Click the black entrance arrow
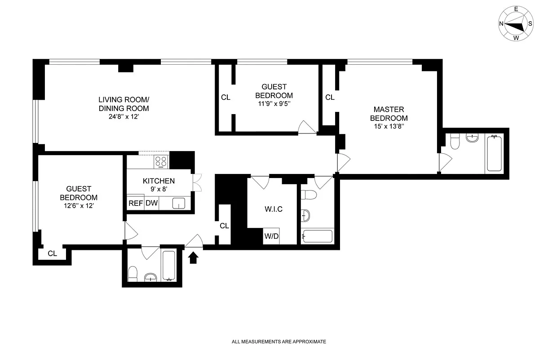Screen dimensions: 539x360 click(x=193, y=258)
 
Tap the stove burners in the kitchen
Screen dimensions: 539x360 click(x=161, y=162)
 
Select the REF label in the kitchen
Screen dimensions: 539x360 click(x=136, y=203)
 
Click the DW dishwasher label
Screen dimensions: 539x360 click(x=152, y=203)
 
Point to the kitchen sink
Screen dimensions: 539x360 click(x=179, y=203)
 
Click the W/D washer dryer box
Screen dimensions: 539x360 click(x=271, y=236)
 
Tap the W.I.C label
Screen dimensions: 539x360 click(x=274, y=209)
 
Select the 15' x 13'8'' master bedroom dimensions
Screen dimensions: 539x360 click(x=389, y=126)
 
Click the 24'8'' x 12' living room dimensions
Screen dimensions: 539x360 click(x=124, y=116)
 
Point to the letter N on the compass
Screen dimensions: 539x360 click(x=501, y=24)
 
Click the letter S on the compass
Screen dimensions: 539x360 click(x=530, y=24)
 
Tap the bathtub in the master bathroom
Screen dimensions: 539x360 click(x=494, y=153)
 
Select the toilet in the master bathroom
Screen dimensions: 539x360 click(x=455, y=141)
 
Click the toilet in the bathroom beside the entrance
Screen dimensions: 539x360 click(x=133, y=274)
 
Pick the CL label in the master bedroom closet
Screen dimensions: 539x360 click(x=330, y=97)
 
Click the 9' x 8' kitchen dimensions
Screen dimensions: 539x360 click(x=159, y=189)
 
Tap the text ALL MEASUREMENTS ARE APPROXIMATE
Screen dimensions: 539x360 click(x=278, y=342)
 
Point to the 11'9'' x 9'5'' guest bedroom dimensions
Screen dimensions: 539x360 click(x=274, y=104)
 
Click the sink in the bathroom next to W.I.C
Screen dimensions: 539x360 click(x=305, y=216)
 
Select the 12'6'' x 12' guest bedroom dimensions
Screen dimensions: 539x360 click(x=79, y=206)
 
